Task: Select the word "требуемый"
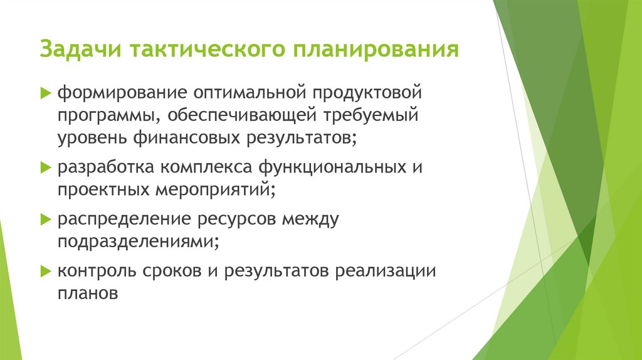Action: pos(371,116)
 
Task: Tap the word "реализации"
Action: pos(384,272)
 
